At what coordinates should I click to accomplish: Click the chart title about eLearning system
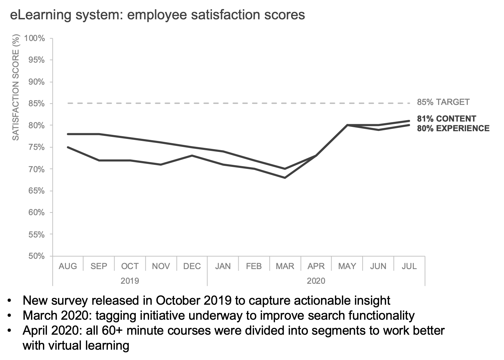157,15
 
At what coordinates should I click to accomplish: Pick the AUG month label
68,266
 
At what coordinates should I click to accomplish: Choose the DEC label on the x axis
192,266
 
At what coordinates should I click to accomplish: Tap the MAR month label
285,266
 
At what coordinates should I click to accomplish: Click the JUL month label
409,266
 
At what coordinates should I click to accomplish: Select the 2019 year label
129,281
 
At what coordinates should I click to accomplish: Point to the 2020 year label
316,281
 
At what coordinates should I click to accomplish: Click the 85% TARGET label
443,102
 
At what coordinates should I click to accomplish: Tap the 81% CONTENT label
446,119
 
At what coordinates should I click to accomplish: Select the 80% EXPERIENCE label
453,128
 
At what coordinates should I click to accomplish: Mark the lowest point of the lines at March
285,178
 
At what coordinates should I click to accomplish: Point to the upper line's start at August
68,134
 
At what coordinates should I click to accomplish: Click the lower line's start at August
68,147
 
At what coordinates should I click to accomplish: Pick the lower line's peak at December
192,156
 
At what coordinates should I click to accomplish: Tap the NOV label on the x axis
161,266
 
